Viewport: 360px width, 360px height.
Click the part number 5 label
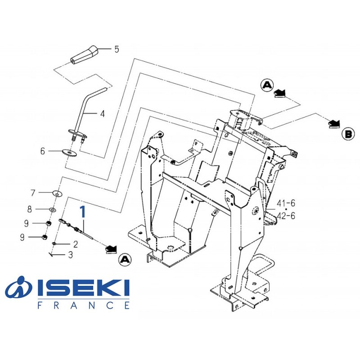pyautogui.click(x=117, y=49)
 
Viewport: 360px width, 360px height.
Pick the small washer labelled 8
pyautogui.click(x=53, y=209)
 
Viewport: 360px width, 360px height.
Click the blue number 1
pyautogui.click(x=82, y=212)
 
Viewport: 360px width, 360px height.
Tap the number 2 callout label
pyautogui.click(x=75, y=244)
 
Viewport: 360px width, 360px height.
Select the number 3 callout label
pyautogui.click(x=70, y=255)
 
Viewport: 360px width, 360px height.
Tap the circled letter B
pyautogui.click(x=348, y=134)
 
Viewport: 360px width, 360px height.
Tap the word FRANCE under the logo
pyautogui.click(x=83, y=305)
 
